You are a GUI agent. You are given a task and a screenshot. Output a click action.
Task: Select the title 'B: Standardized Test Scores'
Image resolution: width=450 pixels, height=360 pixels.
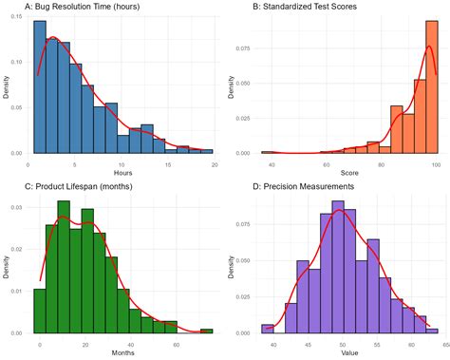[x=308, y=8]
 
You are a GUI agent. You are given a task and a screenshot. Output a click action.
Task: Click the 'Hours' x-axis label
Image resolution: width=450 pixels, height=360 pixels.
[x=122, y=173]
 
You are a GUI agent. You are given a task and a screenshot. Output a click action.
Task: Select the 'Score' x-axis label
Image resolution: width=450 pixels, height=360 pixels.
[x=350, y=173]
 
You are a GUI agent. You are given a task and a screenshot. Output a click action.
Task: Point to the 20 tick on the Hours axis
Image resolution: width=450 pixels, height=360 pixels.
[x=215, y=163]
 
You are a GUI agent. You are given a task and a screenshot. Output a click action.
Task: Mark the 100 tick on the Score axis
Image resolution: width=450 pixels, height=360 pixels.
[x=436, y=163]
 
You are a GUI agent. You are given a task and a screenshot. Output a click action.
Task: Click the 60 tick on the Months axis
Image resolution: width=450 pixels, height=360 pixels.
[x=176, y=343]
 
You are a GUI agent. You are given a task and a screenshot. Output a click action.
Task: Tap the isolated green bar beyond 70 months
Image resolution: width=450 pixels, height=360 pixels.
[x=207, y=331]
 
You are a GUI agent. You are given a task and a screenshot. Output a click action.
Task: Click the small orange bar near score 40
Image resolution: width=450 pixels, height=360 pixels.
[x=269, y=152]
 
